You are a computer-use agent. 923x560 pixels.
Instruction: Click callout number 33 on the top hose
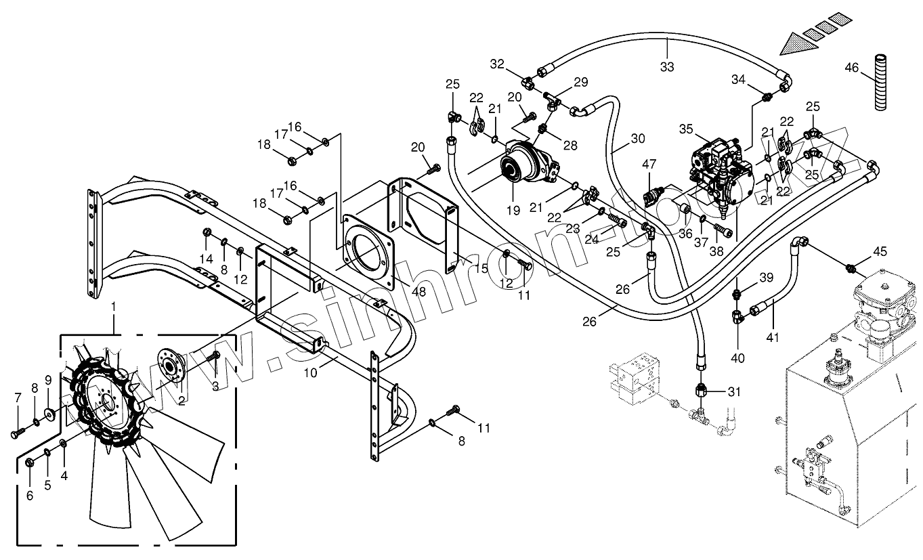pos(667,66)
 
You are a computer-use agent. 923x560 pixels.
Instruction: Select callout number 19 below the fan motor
pos(513,211)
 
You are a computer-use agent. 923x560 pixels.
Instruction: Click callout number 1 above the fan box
pos(114,307)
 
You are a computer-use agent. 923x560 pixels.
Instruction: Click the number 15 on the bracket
pos(481,268)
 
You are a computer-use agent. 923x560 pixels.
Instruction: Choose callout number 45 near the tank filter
pos(880,252)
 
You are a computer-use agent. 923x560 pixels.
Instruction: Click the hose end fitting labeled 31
pos(701,391)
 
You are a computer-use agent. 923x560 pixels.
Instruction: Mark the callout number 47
pos(649,164)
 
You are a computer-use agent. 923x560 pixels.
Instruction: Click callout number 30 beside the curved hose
pos(637,139)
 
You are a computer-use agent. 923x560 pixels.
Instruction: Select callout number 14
pos(206,259)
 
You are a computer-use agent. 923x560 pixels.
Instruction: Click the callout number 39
pos(746,278)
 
